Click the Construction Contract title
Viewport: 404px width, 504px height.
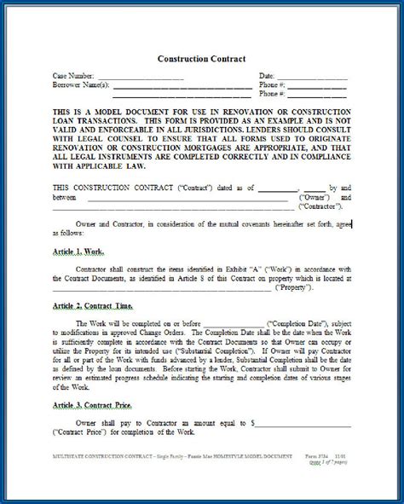click(201, 59)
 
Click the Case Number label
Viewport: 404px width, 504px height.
click(74, 76)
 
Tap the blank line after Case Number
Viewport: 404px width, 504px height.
click(146, 78)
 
